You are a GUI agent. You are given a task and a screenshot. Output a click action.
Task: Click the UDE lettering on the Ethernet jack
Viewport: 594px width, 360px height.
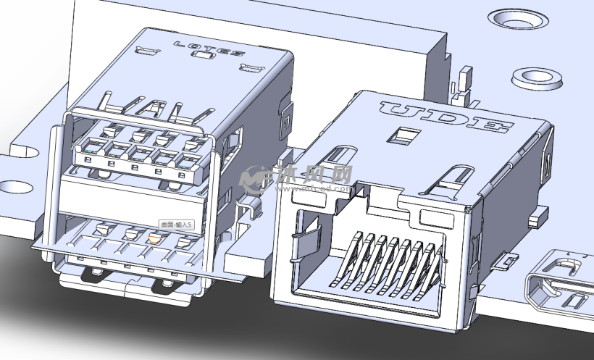click(x=443, y=118)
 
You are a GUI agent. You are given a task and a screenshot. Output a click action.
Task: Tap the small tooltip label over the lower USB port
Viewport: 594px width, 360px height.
click(x=177, y=226)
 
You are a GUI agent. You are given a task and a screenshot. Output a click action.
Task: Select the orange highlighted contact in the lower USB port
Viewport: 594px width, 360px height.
click(x=154, y=236)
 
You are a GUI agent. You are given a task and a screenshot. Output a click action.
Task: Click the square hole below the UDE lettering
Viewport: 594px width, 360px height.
click(x=405, y=135)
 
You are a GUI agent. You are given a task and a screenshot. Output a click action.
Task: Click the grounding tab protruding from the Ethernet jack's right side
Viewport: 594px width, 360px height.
click(x=508, y=259)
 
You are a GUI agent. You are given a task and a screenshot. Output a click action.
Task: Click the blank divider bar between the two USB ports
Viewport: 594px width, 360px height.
click(x=130, y=196)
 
